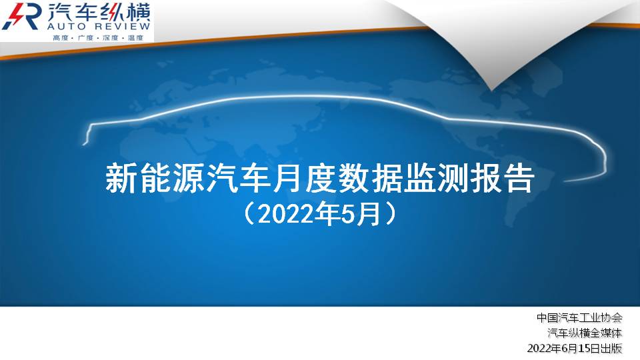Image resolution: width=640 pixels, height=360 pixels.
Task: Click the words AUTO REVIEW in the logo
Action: [99, 27]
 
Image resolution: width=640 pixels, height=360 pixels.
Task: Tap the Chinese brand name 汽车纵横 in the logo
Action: [99, 11]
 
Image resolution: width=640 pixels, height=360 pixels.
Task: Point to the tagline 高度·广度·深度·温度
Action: [99, 37]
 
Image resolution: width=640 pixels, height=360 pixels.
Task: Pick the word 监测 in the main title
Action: [437, 179]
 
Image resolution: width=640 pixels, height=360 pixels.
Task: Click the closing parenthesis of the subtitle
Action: [390, 215]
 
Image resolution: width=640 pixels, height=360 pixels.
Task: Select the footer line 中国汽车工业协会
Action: [579, 317]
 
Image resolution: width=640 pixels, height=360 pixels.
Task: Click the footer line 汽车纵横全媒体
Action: [585, 333]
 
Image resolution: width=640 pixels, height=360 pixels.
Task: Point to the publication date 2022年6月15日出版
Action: [575, 349]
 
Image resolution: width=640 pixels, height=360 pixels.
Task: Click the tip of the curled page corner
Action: [492, 89]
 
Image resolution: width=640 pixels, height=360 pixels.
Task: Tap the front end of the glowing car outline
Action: [84, 143]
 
